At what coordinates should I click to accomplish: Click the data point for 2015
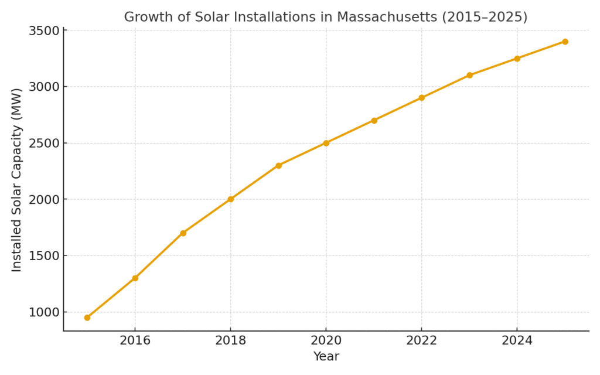(x=87, y=318)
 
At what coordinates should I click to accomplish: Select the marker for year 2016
(x=135, y=278)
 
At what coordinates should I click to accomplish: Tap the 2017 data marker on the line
(x=183, y=233)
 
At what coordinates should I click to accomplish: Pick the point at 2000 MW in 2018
(x=230, y=199)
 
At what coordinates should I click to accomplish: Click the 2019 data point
(x=278, y=165)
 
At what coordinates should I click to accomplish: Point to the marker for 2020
(x=326, y=143)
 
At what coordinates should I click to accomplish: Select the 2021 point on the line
(x=374, y=120)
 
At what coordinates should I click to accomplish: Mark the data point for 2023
(x=469, y=75)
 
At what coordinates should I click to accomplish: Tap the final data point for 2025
(x=565, y=42)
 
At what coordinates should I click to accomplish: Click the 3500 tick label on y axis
(x=44, y=30)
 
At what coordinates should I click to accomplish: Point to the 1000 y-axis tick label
(x=44, y=312)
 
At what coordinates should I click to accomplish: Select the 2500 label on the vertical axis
(x=44, y=143)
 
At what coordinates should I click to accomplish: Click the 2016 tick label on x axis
(x=135, y=341)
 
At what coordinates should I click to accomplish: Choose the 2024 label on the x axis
(x=517, y=341)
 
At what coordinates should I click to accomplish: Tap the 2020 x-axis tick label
(x=326, y=341)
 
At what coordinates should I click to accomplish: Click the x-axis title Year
(x=326, y=357)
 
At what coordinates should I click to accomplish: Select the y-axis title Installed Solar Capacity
(x=16, y=180)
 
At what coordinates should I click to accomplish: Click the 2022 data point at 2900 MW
(x=421, y=98)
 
